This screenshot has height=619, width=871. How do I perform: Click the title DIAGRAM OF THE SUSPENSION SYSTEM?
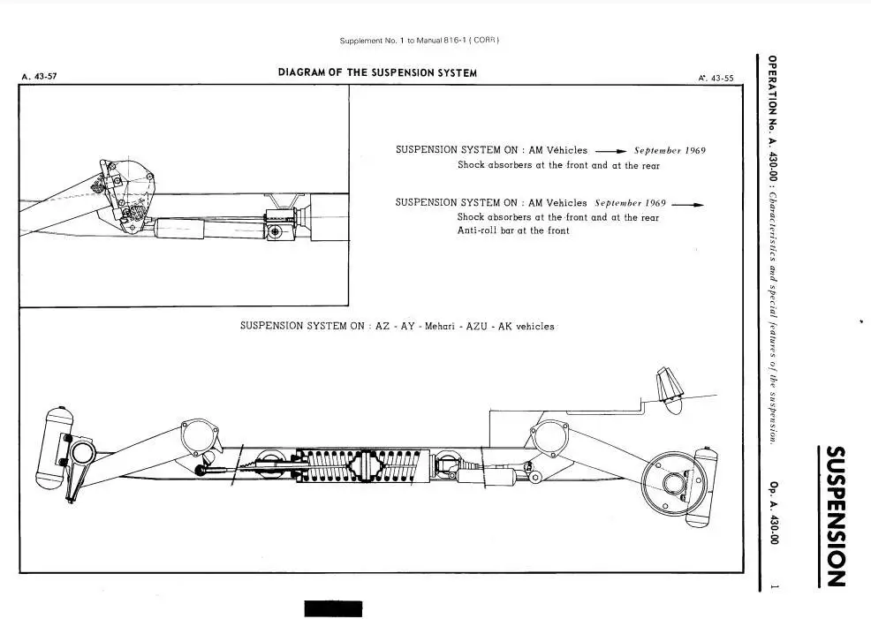coord(377,72)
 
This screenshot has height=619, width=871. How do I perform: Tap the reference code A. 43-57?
coord(39,77)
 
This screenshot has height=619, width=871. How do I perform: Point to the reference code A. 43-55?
coord(716,79)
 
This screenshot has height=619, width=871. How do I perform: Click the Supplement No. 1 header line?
coord(420,41)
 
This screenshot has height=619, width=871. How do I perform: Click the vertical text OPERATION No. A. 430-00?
coord(772,119)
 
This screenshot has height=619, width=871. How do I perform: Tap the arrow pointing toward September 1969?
coord(610,151)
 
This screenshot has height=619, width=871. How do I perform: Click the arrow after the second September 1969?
coord(687,204)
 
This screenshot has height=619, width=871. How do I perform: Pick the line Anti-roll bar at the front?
coord(513,230)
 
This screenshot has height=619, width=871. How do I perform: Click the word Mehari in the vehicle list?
coord(439,327)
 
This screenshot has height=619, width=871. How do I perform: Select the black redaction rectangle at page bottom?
coord(333,608)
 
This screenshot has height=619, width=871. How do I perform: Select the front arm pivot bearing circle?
coord(199,436)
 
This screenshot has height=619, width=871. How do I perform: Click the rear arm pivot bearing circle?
coord(549,437)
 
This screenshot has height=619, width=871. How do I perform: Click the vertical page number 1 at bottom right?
coord(773,587)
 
